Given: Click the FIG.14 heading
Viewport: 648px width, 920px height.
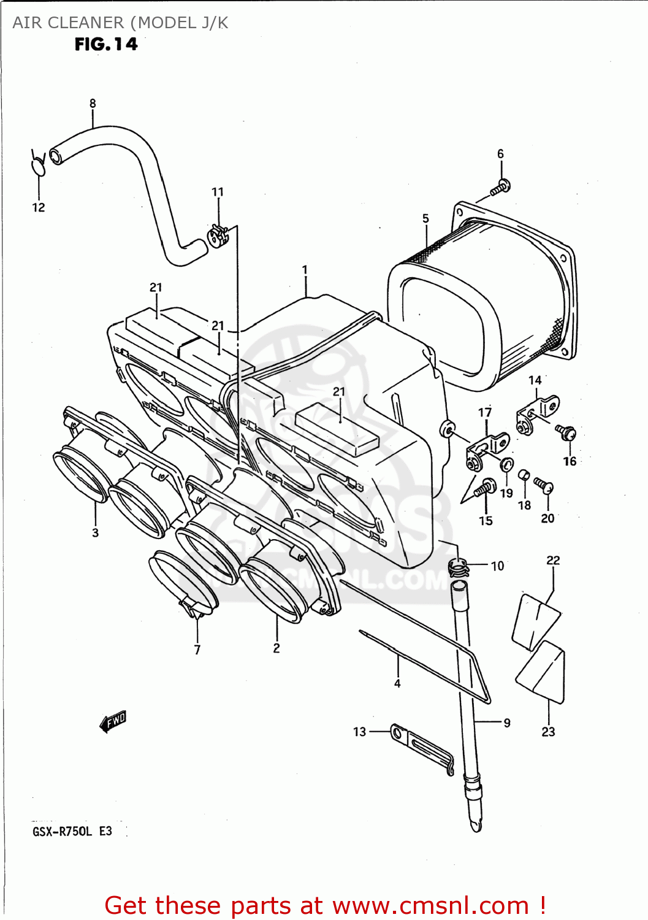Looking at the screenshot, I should coord(106,44).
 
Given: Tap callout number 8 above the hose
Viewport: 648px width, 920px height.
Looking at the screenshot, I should coord(93,104).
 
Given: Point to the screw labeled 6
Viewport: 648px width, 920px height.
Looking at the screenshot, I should coord(501,186).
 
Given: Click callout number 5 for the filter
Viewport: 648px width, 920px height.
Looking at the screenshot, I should coord(425,219).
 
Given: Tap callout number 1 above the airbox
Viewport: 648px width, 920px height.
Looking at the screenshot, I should coord(305,270).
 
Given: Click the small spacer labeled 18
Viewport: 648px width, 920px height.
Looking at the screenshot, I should coord(524,475).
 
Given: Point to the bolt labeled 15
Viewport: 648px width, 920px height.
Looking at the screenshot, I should coord(485,488).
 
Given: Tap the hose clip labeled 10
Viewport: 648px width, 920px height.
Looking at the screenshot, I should coord(459,567).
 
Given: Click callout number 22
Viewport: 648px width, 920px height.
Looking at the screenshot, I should coord(553,560).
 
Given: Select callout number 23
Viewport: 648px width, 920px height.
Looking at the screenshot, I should coord(548,731).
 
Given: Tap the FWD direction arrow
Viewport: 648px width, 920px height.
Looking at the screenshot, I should coord(113,722).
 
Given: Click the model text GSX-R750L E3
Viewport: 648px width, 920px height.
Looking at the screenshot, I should coord(72,832).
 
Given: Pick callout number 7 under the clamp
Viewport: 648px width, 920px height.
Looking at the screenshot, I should coord(197,650).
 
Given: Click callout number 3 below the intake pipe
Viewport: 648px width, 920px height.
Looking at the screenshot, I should coord(96,532).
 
